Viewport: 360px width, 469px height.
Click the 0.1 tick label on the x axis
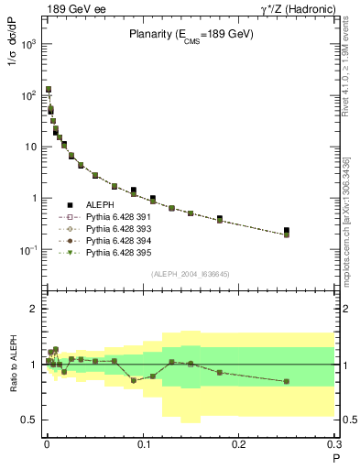click(143, 444)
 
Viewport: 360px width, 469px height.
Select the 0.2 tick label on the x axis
click(238, 444)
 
